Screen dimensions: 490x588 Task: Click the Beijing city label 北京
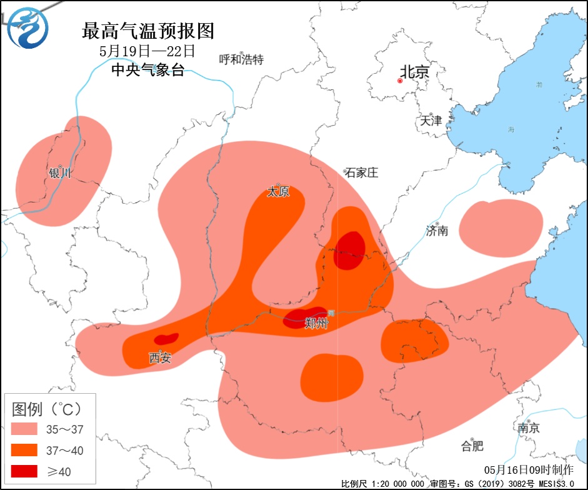pyautogui.click(x=416, y=72)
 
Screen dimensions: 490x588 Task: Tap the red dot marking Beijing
pyautogui.click(x=401, y=81)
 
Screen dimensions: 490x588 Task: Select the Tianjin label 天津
pyautogui.click(x=431, y=120)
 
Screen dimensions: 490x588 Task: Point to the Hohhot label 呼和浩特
pyautogui.click(x=241, y=59)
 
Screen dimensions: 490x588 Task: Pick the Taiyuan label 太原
pyautogui.click(x=278, y=192)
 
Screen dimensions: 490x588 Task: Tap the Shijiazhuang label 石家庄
pyautogui.click(x=362, y=172)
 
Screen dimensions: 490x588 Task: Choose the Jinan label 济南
pyautogui.click(x=437, y=231)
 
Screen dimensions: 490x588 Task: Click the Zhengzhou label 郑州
pyautogui.click(x=316, y=323)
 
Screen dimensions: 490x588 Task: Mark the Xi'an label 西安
pyautogui.click(x=160, y=357)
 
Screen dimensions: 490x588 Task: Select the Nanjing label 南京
pyautogui.click(x=529, y=428)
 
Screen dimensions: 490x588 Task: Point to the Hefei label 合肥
pyautogui.click(x=472, y=446)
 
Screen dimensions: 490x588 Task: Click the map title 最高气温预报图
pyautogui.click(x=148, y=30)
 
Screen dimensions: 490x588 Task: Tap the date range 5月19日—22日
pyautogui.click(x=147, y=51)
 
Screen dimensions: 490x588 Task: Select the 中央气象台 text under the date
pyautogui.click(x=147, y=70)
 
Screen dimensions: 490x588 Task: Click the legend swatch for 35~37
pyautogui.click(x=27, y=429)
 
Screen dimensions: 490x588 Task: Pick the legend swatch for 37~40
pyautogui.click(x=27, y=450)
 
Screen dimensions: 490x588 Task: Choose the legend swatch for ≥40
pyautogui.click(x=27, y=471)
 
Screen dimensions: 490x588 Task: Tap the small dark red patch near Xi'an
pyautogui.click(x=166, y=339)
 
